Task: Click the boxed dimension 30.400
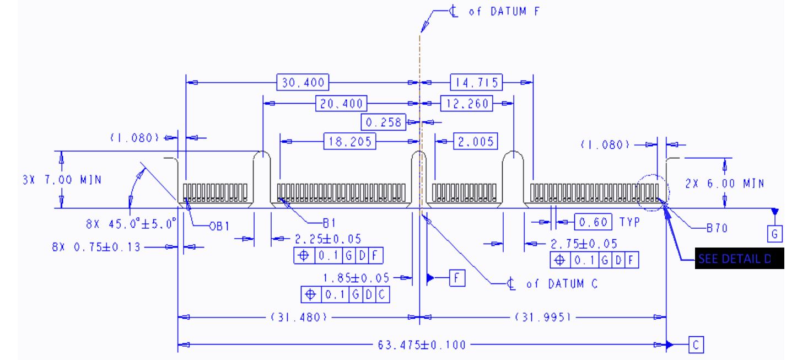[303, 83]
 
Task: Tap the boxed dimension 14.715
[476, 83]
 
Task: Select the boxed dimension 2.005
[475, 141]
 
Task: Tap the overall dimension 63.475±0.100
[422, 346]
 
